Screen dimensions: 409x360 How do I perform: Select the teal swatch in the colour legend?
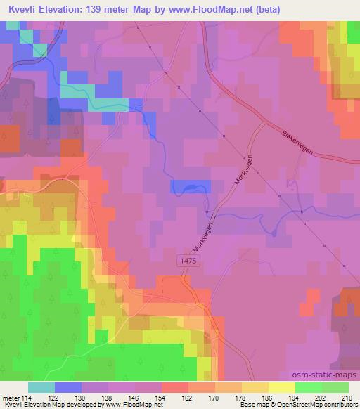tap(41, 387)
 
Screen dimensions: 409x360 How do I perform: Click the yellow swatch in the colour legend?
tap(281, 387)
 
